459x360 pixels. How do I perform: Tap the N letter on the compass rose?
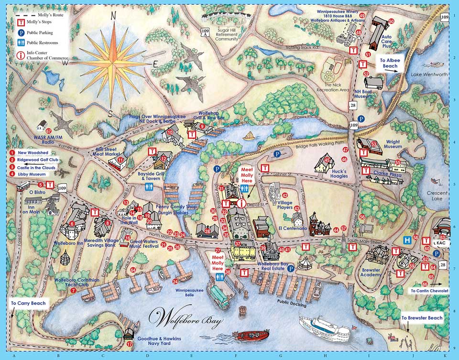click(114, 16)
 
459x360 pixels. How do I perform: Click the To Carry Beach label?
click(28, 303)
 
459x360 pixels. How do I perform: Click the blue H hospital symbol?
click(407, 240)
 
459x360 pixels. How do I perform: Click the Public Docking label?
click(291, 302)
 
